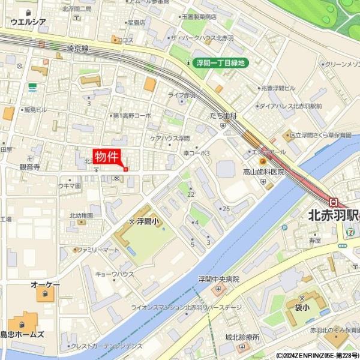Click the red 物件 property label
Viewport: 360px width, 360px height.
[x=107, y=156]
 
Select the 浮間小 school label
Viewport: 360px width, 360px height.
[x=146, y=221]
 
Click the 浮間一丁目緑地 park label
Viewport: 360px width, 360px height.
[x=221, y=62]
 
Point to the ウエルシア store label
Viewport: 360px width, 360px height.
[x=28, y=22]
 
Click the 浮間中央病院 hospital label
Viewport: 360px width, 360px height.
[x=218, y=280]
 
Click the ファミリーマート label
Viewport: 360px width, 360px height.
[x=98, y=249]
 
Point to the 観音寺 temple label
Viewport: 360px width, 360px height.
[x=29, y=167]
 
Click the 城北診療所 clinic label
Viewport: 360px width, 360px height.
[x=242, y=337]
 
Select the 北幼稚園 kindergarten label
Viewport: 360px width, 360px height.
[x=81, y=215]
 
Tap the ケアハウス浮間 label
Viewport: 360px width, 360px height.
[x=170, y=138]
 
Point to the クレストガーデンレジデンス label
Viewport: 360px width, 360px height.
[x=107, y=346]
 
